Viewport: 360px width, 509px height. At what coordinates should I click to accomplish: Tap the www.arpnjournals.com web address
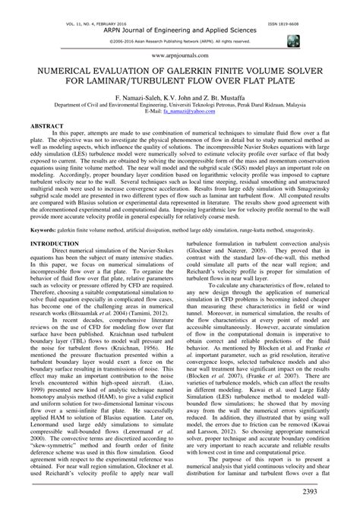point(179,55)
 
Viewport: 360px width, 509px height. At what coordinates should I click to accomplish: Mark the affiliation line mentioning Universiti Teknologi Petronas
point(179,106)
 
